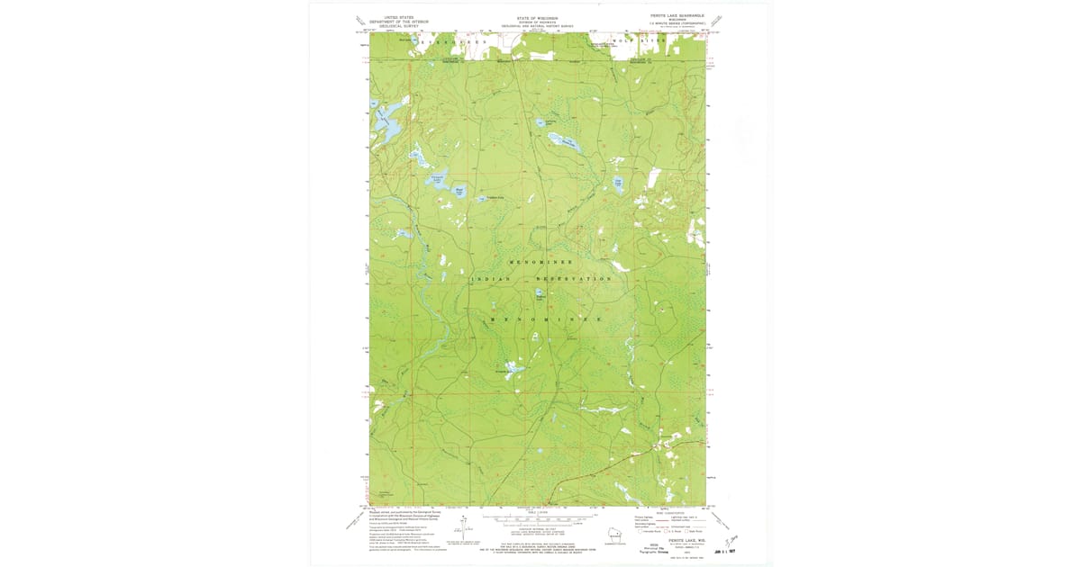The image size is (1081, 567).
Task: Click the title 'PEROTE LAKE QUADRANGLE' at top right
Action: [x=676, y=16]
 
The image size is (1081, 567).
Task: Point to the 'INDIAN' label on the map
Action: [x=490, y=280]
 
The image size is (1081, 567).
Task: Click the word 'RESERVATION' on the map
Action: [x=574, y=279]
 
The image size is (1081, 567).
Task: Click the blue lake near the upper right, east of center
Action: [x=618, y=183]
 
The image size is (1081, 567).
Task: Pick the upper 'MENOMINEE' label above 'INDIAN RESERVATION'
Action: [x=541, y=260]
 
